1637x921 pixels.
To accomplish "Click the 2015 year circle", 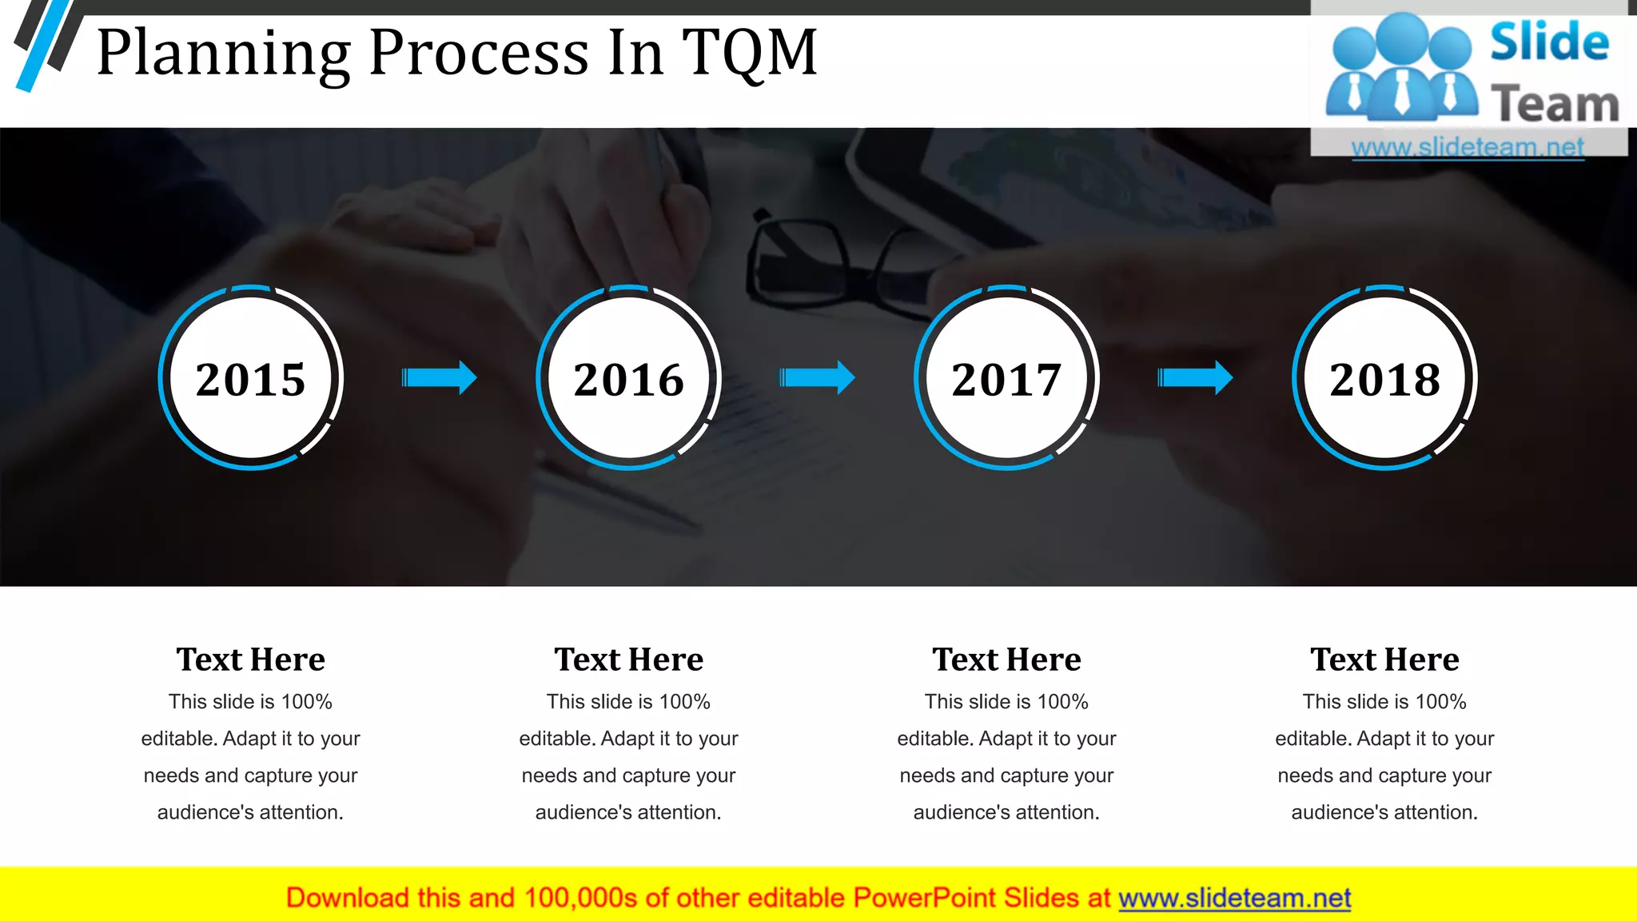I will coord(250,378).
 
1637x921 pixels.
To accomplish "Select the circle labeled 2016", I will coord(628,378).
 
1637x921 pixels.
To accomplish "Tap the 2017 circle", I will coord(1006,378).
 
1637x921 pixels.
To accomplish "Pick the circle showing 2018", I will coord(1384,378).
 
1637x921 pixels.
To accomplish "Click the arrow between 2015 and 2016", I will coord(439,377).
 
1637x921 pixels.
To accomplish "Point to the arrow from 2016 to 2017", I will coord(817,377).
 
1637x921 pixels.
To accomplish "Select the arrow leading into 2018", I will coord(1195,377).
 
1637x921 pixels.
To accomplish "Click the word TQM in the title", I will coord(749,53).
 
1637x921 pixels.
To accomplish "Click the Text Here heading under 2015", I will coord(250,660).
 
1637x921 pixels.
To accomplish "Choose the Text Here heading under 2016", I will coord(628,660).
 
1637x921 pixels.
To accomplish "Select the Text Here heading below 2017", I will coord(1006,660).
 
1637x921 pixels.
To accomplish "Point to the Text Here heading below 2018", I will coord(1384,660).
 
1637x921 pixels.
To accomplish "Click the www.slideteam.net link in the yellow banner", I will coord(1234,899).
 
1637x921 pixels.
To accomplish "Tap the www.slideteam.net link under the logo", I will coord(1468,147).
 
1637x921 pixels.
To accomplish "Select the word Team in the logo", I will coord(1555,105).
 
